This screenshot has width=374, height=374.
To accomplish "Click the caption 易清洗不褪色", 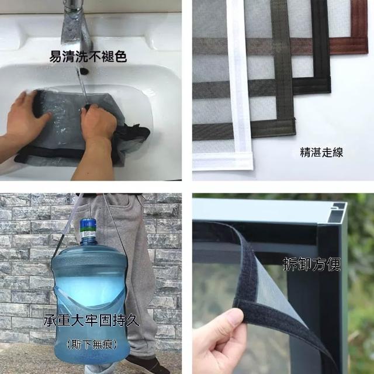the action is click(88, 57).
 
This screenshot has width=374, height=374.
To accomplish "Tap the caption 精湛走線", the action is click(321, 153).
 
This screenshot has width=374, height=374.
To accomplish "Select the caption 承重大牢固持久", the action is click(91, 320).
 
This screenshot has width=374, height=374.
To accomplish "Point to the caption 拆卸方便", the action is click(311, 264).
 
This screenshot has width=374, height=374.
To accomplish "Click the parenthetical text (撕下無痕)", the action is click(92, 344).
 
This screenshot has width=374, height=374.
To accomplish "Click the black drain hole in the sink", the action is click(84, 71).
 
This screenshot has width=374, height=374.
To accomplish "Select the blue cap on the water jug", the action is click(88, 224).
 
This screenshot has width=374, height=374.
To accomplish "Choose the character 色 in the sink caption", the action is click(120, 57).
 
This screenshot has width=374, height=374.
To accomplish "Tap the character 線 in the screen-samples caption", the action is click(338, 153).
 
